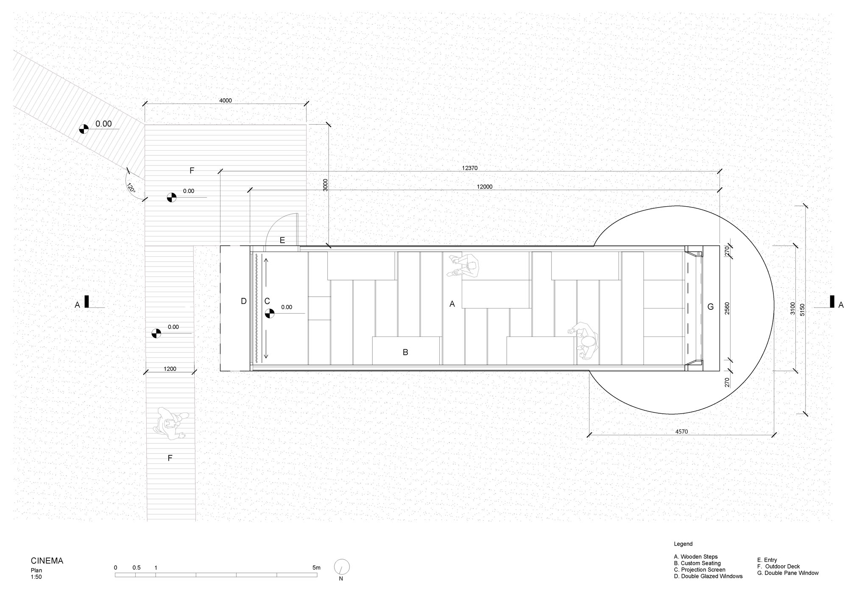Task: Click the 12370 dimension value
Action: tap(470, 168)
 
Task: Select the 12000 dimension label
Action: tap(485, 187)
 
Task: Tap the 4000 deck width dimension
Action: tap(226, 101)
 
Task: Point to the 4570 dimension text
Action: tap(681, 432)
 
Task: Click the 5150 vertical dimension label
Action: tap(802, 310)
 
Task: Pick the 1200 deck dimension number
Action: tap(170, 369)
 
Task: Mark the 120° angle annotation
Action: tap(131, 188)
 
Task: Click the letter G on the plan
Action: tap(711, 307)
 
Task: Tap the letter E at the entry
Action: tap(282, 241)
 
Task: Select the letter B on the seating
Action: tap(405, 352)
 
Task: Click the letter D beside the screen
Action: tap(243, 301)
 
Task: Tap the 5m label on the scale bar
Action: tap(316, 568)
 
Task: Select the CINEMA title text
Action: tap(47, 561)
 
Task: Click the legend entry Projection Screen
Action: tap(700, 570)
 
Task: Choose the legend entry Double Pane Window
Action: tap(788, 573)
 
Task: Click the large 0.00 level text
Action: tap(103, 123)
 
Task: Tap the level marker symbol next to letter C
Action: tap(270, 314)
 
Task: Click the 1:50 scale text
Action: tap(36, 577)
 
